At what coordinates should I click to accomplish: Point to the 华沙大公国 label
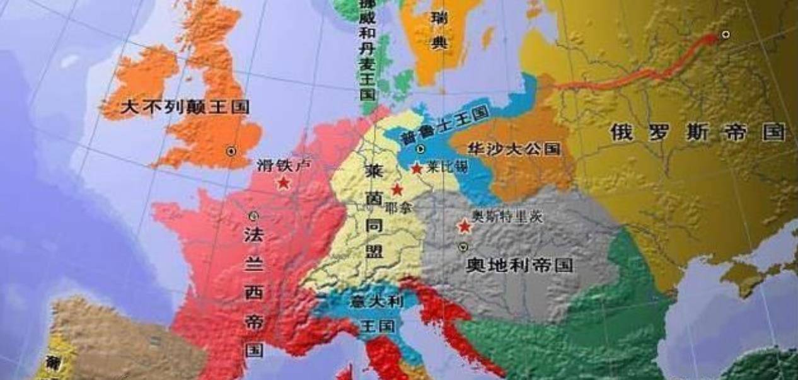tap(514, 149)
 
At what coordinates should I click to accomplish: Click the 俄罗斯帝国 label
tap(697, 133)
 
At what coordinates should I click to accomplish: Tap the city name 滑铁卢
tap(284, 165)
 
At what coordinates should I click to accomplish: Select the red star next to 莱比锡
tap(417, 169)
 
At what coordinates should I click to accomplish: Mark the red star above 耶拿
tap(397, 189)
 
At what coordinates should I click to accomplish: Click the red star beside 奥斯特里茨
tap(465, 226)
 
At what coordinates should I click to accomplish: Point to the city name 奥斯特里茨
tap(507, 217)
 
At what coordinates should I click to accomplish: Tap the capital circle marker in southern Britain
tap(231, 151)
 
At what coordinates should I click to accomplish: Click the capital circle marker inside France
tap(253, 216)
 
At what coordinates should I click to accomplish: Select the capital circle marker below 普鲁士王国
tap(421, 149)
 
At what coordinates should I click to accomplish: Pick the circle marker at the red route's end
tap(726, 34)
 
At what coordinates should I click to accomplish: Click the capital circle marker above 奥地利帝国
tap(464, 246)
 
